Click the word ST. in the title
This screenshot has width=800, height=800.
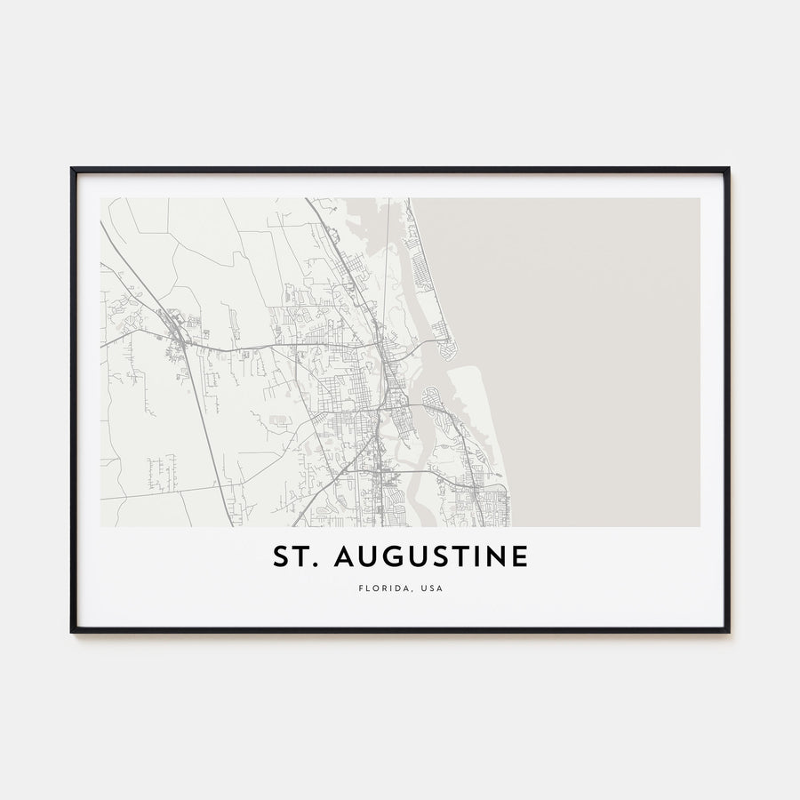pyautogui.click(x=294, y=557)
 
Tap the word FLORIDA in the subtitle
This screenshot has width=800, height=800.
pyautogui.click(x=382, y=588)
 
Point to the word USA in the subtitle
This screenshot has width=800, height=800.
pyautogui.click(x=432, y=588)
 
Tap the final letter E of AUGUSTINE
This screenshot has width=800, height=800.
pyautogui.click(x=519, y=557)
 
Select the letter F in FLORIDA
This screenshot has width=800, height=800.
pyautogui.click(x=360, y=588)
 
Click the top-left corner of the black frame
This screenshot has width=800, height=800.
pyautogui.click(x=72, y=169)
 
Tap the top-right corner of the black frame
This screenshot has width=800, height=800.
pyautogui.click(x=728, y=169)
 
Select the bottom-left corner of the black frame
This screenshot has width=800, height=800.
pyautogui.click(x=72, y=631)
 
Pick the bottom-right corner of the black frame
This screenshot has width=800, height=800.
pyautogui.click(x=728, y=631)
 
